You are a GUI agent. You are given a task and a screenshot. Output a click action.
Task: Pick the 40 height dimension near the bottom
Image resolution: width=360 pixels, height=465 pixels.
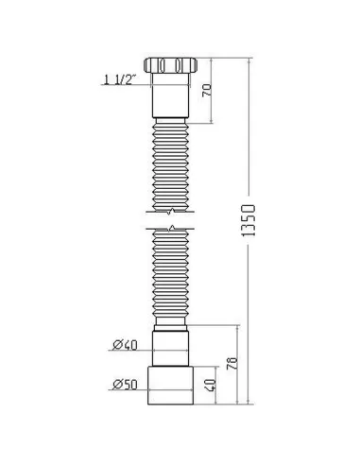pyautogui.click(x=216, y=386)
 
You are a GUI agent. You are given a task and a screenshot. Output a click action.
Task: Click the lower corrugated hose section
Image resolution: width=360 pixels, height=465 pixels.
pyautogui.click(x=171, y=279)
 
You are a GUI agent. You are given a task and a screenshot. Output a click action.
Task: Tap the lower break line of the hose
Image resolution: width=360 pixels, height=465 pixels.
pyautogui.click(x=171, y=229)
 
